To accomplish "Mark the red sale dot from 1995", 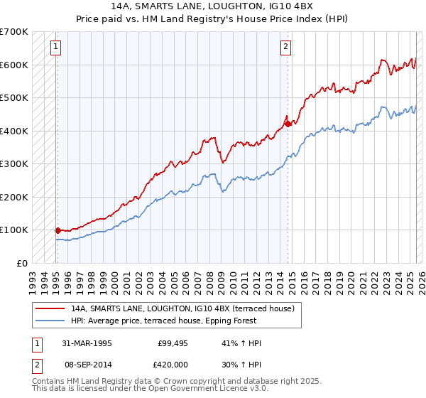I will click(x=58, y=230).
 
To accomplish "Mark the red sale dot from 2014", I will click(x=288, y=124).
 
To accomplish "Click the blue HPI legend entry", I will click(x=185, y=321).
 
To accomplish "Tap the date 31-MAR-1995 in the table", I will click(x=87, y=343).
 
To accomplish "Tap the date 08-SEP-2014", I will click(x=87, y=365).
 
